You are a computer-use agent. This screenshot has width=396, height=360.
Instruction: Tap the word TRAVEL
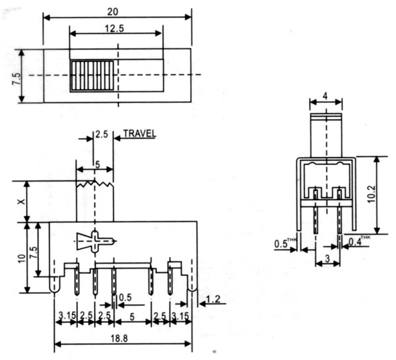tap(138, 133)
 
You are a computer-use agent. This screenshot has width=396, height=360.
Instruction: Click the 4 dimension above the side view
tap(326, 95)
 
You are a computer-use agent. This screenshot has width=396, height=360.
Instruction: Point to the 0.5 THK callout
tap(283, 244)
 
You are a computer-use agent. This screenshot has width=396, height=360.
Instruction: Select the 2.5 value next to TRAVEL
tap(101, 133)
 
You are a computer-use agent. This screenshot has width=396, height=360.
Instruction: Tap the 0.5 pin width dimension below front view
tap(125, 296)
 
